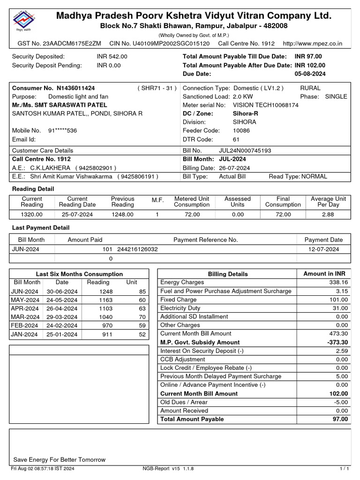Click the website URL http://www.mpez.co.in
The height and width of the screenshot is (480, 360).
(313, 44)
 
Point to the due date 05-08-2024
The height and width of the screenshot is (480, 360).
(310, 74)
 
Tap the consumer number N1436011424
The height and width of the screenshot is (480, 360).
(75, 88)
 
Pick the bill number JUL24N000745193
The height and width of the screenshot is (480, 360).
(245, 151)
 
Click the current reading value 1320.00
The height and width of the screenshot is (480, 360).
(32, 214)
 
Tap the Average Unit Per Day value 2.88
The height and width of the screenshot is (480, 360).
(328, 214)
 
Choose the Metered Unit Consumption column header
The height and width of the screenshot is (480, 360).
(192, 202)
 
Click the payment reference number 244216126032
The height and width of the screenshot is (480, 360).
(137, 249)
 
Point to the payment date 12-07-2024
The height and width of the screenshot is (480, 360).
(323, 249)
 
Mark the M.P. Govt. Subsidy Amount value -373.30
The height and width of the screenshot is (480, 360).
(336, 342)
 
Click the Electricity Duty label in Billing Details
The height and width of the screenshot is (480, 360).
(180, 308)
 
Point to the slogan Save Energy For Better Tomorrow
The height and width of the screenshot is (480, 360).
(60, 460)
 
